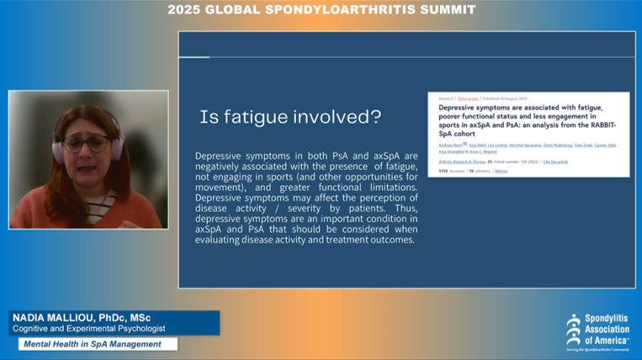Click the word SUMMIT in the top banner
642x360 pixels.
(448, 9)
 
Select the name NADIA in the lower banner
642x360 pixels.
(31, 317)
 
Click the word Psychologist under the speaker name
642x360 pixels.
(138, 328)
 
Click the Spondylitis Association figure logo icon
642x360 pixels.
(574, 328)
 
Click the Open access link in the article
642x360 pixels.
(467, 99)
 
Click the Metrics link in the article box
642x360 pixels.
(501, 171)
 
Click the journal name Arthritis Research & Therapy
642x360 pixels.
(464, 161)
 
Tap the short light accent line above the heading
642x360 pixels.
(194, 57)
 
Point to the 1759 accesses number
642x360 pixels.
(443, 171)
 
